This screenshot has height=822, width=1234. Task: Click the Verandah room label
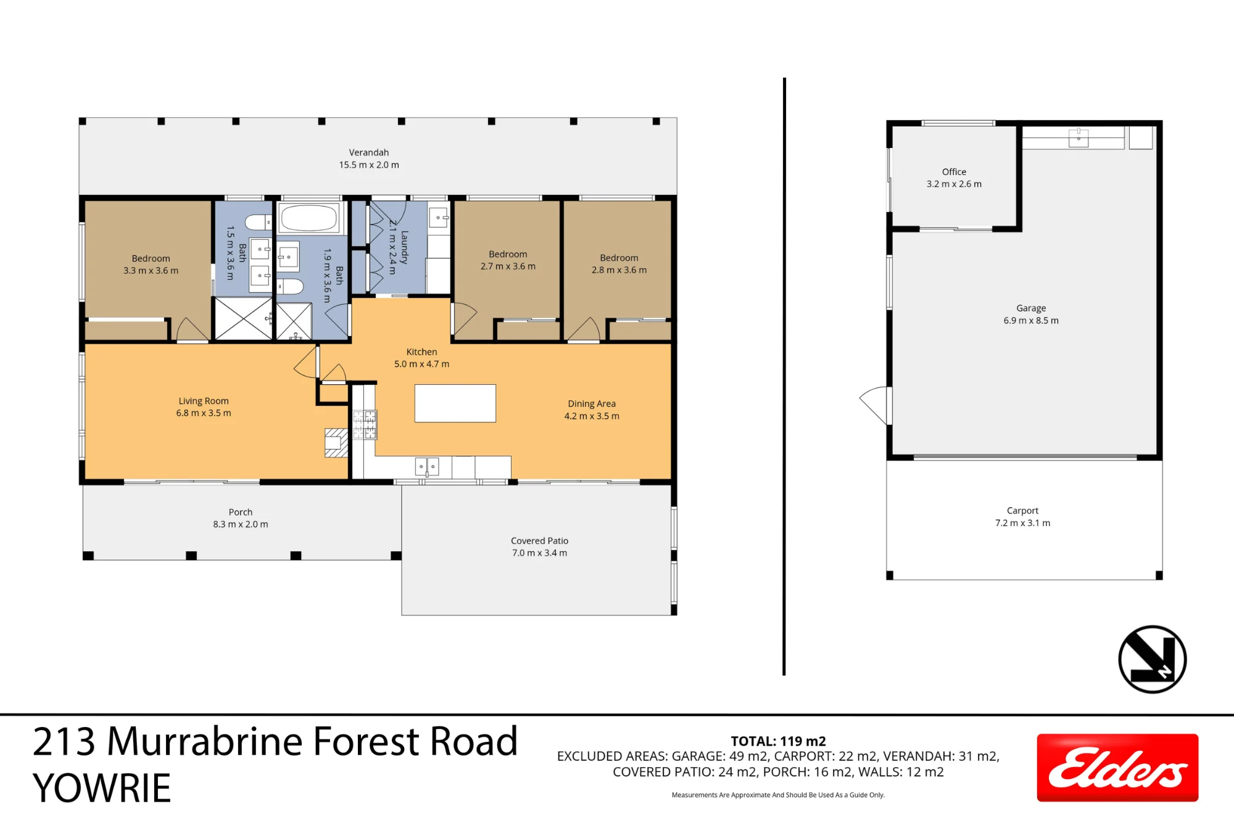[x=369, y=152]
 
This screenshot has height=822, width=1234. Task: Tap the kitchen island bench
[x=455, y=403]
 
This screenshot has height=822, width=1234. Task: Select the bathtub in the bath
[x=309, y=218]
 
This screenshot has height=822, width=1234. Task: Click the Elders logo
[x=1117, y=768]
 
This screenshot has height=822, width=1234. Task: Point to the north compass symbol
[x=1152, y=659]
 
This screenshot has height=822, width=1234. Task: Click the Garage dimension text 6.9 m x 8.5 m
[x=1031, y=321]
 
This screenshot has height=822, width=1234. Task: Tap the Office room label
[x=954, y=172]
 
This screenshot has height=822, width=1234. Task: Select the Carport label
[x=1022, y=511]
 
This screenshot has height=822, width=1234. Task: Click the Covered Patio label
[x=539, y=541]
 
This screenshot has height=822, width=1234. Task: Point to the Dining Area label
[x=592, y=404]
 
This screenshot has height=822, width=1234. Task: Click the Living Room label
[x=204, y=401]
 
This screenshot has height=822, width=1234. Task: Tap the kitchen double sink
[x=427, y=466]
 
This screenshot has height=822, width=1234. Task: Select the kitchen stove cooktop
[x=364, y=425]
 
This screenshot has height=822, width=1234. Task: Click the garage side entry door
[x=876, y=405]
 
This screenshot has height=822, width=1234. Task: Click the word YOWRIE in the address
[x=102, y=788]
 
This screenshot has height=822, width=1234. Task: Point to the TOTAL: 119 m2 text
[x=778, y=741]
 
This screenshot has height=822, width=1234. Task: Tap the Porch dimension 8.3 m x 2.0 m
[x=241, y=524]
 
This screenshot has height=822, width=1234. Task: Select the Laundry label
[x=405, y=247]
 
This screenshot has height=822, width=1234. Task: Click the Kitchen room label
[x=421, y=352]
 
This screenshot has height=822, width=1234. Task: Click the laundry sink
[x=438, y=218]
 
